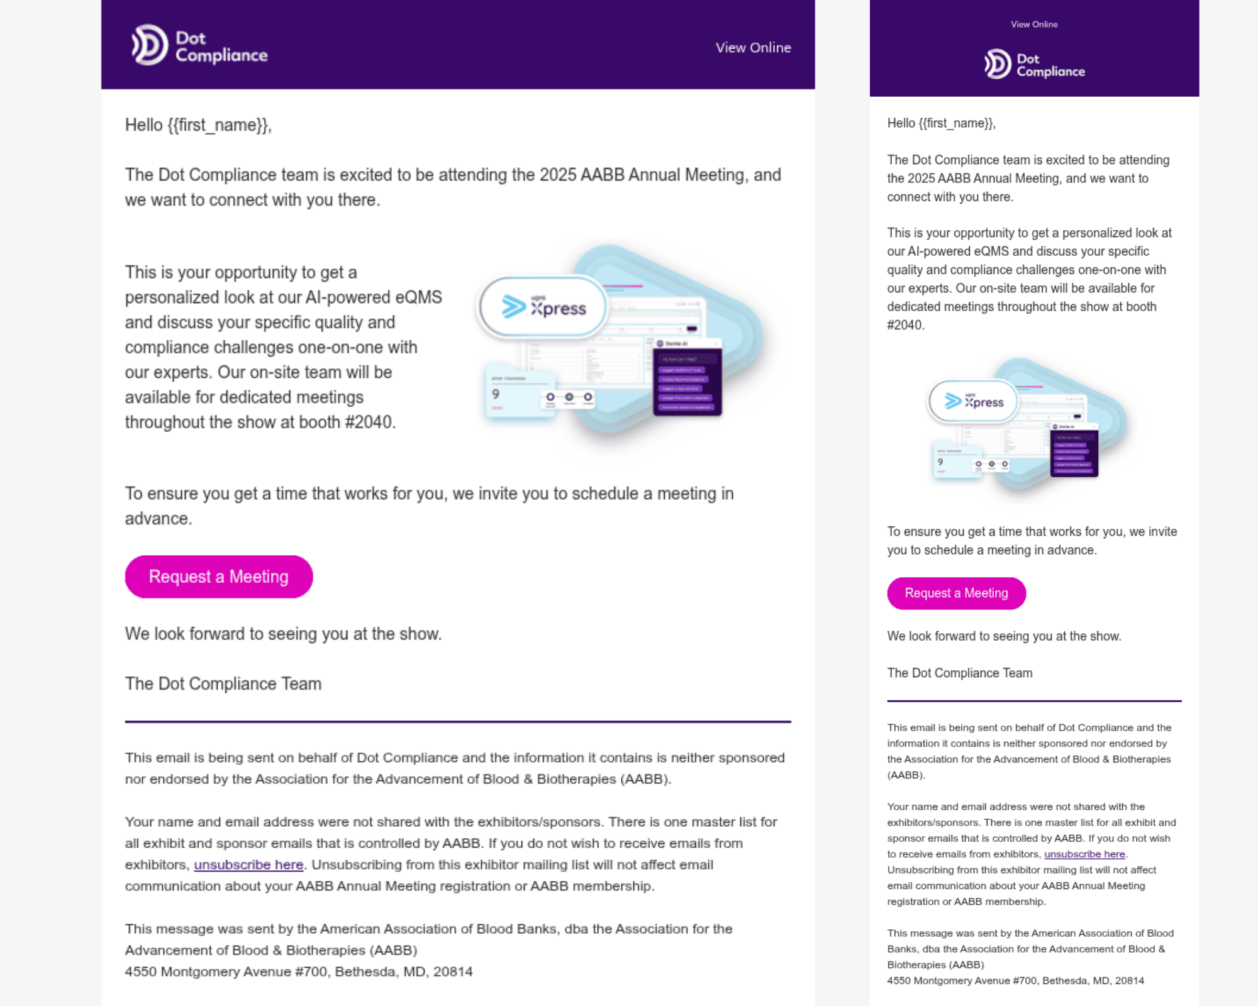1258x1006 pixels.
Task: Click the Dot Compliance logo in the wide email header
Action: tap(199, 46)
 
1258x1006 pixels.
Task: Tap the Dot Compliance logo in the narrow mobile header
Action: tap(1034, 64)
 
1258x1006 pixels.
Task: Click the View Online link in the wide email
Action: tap(753, 48)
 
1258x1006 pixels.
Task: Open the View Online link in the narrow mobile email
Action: tap(1034, 25)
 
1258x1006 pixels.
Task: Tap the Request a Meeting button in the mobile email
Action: tap(956, 593)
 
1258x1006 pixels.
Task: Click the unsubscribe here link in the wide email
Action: tap(248, 865)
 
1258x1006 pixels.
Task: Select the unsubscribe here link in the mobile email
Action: tap(1084, 854)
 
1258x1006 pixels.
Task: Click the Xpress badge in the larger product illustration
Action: tap(543, 307)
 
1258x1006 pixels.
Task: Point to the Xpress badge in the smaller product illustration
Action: tap(973, 402)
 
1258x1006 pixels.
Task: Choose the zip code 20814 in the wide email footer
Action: tap(453, 971)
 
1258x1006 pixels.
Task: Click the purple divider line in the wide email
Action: tap(458, 721)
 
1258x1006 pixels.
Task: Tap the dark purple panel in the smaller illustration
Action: tap(1074, 451)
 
